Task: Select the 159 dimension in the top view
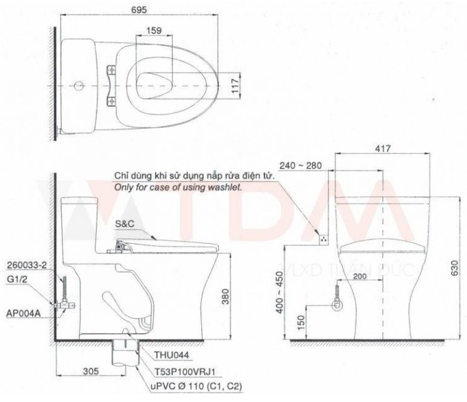153,30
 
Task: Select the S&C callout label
125,224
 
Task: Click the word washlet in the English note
230,188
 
